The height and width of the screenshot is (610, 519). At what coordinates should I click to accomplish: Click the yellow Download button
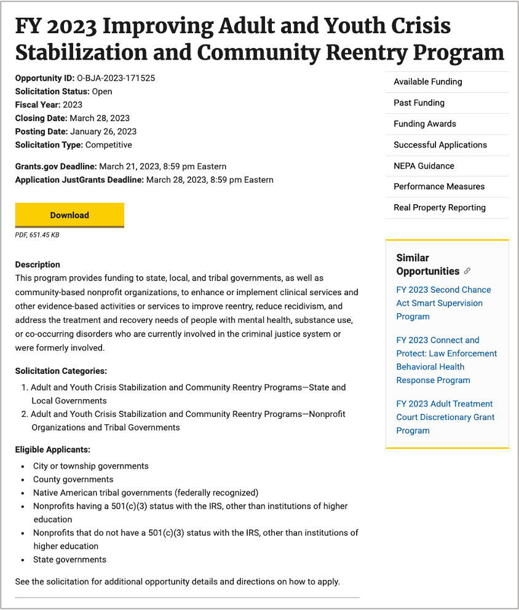point(69,215)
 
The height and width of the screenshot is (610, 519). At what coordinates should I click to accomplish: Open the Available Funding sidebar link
point(427,82)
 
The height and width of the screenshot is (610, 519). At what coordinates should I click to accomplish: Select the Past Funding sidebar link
point(419,103)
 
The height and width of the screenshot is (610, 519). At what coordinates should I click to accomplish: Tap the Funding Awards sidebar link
point(424,124)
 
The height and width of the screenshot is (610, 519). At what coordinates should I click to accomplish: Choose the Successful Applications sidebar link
point(440,145)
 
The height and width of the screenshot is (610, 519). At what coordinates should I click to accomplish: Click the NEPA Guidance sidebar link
point(424,165)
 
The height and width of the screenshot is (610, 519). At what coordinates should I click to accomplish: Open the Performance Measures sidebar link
point(438,186)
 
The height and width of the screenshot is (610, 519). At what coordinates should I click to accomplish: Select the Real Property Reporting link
point(439,207)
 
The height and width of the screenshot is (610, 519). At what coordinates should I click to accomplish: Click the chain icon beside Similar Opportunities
point(467,271)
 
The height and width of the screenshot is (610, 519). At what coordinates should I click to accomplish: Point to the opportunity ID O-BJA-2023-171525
point(116,78)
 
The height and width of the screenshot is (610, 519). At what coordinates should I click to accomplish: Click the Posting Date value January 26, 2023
point(103,131)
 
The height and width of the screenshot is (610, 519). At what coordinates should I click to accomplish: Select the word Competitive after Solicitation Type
point(108,145)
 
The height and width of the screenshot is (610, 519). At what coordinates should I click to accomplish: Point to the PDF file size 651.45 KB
point(37,235)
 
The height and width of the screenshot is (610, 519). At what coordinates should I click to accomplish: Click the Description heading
point(38,264)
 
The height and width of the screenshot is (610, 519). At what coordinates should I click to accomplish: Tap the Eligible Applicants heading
point(52,450)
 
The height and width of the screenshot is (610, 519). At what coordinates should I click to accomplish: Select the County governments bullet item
point(73,479)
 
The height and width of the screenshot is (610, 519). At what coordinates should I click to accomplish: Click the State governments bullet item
point(69,560)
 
